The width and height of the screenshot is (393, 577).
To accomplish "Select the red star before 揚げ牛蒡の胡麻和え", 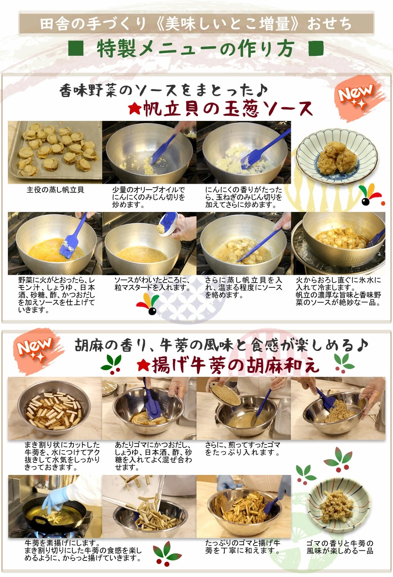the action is (x=143, y=366).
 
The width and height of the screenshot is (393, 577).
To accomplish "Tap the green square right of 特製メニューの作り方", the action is (x=316, y=48).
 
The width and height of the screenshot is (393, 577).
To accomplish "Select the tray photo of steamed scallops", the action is (x=55, y=152).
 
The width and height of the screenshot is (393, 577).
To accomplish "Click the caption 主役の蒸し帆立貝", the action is (x=55, y=190).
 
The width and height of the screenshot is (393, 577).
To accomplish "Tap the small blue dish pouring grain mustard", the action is (x=168, y=223).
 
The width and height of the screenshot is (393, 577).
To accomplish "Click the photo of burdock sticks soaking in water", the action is (x=55, y=408).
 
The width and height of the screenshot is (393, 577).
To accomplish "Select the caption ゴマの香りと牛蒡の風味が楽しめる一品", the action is (x=340, y=547).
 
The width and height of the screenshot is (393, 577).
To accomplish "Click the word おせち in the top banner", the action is (x=330, y=24).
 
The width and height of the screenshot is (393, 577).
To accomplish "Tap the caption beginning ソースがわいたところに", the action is (x=152, y=284).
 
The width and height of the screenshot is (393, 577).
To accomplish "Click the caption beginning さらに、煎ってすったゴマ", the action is (x=242, y=449).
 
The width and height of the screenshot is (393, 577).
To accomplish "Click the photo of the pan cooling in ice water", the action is (x=338, y=243).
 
